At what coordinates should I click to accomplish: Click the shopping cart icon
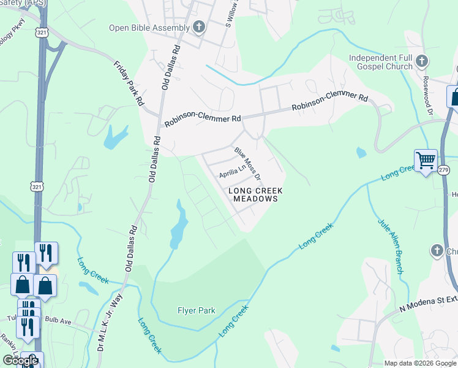426,161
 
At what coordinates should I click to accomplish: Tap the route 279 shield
444,170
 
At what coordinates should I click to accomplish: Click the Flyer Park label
197,310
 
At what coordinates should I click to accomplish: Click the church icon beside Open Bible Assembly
198,26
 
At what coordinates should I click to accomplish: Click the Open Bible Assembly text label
149,27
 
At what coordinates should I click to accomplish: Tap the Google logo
20,361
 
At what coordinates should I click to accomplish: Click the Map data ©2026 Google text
419,363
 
